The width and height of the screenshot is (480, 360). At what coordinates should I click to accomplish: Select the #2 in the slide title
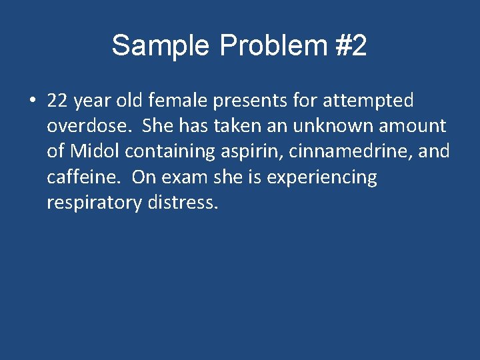pos(349,46)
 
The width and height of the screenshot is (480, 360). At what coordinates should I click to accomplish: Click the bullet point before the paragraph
pos(32,101)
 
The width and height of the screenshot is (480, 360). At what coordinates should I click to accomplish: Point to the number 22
pos(58,101)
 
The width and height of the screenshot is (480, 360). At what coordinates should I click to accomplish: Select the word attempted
pos(368,101)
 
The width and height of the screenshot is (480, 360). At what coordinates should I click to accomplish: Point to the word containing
pos(171,152)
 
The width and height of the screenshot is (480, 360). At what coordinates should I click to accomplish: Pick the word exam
pos(184,177)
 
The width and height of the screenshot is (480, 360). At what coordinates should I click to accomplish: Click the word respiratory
pos(93,203)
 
